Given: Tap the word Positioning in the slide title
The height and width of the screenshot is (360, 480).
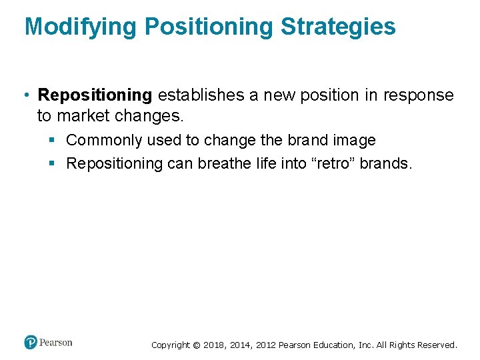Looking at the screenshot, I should pyautogui.click(x=209, y=27).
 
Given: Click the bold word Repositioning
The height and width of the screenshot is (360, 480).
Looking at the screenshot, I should pyautogui.click(x=95, y=95).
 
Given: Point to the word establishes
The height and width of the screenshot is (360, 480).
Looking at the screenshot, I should pyautogui.click(x=201, y=95).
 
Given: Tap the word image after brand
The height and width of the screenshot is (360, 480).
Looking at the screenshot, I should pyautogui.click(x=354, y=140).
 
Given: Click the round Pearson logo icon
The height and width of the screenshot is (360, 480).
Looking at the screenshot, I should pyautogui.click(x=31, y=343).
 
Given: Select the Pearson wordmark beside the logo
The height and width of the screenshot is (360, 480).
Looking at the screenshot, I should pyautogui.click(x=56, y=343).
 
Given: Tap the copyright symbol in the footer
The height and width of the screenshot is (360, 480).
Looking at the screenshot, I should pyautogui.click(x=196, y=345).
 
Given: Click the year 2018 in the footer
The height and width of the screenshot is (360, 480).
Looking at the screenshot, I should pyautogui.click(x=213, y=345).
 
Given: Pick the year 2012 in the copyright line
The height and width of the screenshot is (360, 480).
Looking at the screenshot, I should pyautogui.click(x=264, y=345).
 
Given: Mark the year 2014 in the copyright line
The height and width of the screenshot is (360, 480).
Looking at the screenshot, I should pyautogui.click(x=239, y=345).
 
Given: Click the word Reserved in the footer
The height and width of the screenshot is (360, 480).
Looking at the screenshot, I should pyautogui.click(x=437, y=345).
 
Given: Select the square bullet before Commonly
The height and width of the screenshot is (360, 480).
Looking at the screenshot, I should pyautogui.click(x=51, y=141).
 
